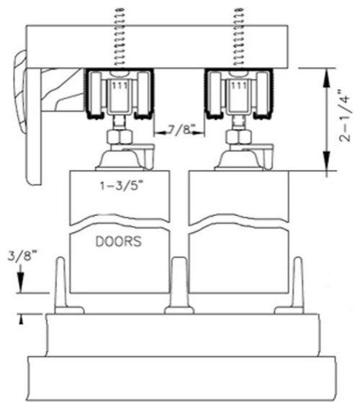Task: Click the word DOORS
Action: [118, 243]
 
